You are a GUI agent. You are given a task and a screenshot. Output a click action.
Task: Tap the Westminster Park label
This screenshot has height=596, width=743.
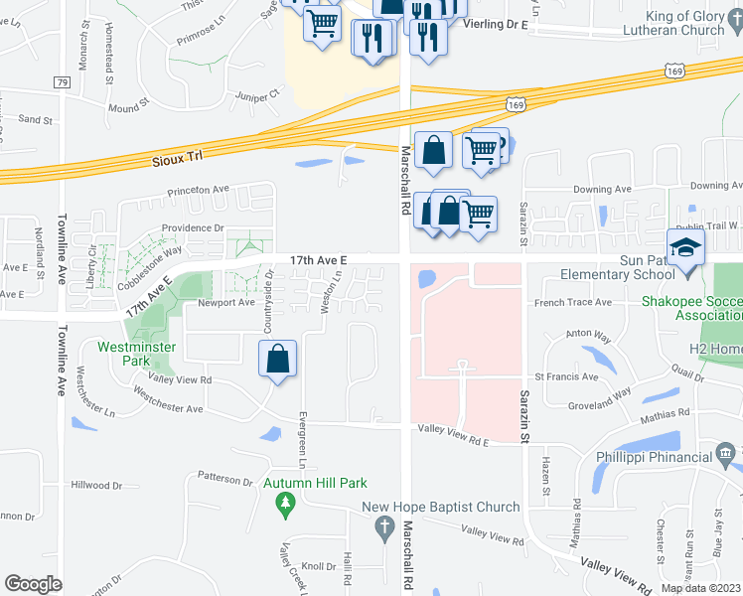pyautogui.click(x=137, y=355)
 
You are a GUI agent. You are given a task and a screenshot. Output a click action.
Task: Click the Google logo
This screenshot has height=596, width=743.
pyautogui.click(x=33, y=583)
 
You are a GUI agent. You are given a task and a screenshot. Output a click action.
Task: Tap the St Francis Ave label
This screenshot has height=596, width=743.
pyautogui.click(x=566, y=377)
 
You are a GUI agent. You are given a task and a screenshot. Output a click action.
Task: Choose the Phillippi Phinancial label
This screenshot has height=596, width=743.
pyautogui.click(x=656, y=457)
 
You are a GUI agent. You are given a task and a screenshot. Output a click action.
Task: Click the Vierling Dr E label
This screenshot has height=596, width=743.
pyautogui.click(x=494, y=23)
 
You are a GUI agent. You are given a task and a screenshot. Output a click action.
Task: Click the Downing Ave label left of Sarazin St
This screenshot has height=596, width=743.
pyautogui.click(x=603, y=189)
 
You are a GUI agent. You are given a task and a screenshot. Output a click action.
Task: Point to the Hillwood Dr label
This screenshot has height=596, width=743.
pyautogui.click(x=96, y=486)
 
